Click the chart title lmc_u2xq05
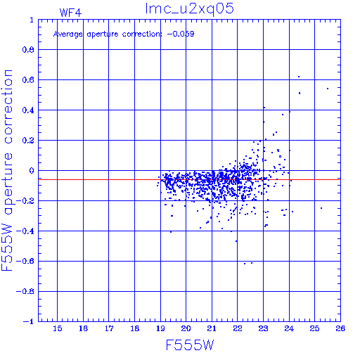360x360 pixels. click(x=189, y=9)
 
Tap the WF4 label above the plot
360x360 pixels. click(x=70, y=13)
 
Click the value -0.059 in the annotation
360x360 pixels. click(x=181, y=34)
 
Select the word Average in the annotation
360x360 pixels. click(x=67, y=34)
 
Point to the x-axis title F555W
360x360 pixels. click(x=190, y=345)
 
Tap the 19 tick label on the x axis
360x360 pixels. click(x=160, y=328)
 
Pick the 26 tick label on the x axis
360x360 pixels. click(x=340, y=328)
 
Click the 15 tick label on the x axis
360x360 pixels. click(x=58, y=328)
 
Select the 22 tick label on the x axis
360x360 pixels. click(x=238, y=328)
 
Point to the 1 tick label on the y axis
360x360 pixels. click(x=32, y=20)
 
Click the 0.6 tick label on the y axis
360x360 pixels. click(x=28, y=80)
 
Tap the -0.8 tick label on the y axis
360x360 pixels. click(x=25, y=292)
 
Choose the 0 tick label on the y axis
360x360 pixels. click(x=32, y=171)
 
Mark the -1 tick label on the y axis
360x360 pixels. click(x=29, y=321)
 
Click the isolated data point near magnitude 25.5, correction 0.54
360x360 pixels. click(x=328, y=89)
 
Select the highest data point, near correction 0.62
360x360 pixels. click(x=299, y=77)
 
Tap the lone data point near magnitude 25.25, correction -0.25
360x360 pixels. click(x=321, y=208)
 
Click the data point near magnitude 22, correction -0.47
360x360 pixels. click(x=236, y=241)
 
